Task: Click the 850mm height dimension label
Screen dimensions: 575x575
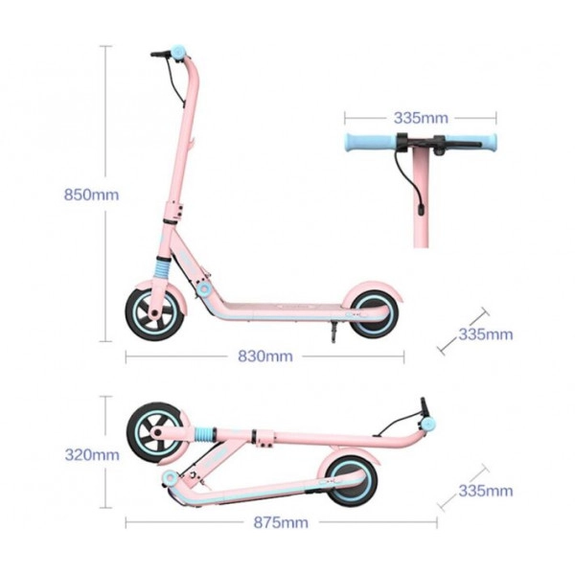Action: click(x=91, y=195)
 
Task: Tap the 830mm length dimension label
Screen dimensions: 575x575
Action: click(x=265, y=356)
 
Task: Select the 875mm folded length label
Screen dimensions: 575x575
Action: click(x=281, y=522)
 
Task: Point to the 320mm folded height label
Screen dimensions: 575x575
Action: click(x=92, y=454)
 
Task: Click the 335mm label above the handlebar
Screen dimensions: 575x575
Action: click(x=421, y=118)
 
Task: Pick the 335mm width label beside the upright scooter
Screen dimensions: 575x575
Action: click(x=486, y=334)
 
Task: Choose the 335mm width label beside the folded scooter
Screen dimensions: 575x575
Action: click(x=486, y=491)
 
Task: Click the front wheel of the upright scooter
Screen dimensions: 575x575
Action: click(x=154, y=314)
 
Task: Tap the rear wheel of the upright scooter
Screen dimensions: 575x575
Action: click(x=375, y=314)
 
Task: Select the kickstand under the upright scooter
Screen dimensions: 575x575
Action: click(x=333, y=332)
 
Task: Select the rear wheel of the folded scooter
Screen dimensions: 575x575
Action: click(x=352, y=481)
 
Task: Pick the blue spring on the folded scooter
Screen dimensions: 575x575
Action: click(x=205, y=436)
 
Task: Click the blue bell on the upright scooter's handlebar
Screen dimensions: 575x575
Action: click(x=179, y=53)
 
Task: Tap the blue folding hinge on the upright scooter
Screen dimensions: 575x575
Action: click(x=202, y=289)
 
